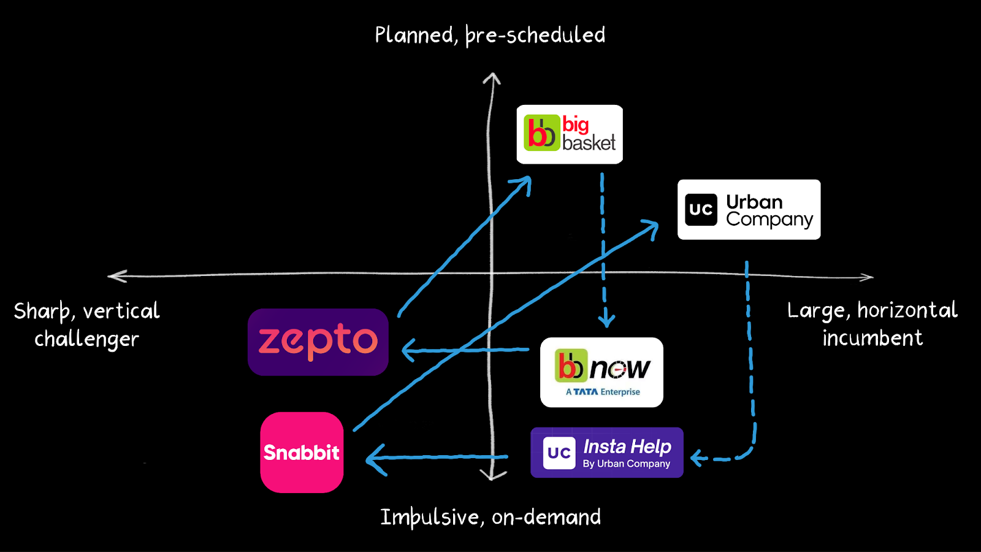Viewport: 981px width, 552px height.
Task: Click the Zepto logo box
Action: click(x=318, y=342)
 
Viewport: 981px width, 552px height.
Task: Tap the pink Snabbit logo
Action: click(x=302, y=452)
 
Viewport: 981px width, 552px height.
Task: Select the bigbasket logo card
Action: click(x=570, y=134)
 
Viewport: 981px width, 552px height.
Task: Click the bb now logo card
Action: click(x=601, y=372)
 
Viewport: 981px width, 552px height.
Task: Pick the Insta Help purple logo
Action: click(x=606, y=453)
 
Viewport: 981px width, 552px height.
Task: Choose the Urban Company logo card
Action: click(x=749, y=209)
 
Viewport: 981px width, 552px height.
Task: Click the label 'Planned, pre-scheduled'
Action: click(x=490, y=36)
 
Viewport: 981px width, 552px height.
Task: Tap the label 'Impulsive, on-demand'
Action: click(x=490, y=518)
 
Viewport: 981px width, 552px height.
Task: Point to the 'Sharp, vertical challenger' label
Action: click(x=86, y=324)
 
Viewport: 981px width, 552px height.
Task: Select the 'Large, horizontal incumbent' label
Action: click(x=872, y=324)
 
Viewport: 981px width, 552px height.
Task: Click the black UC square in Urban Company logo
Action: click(x=701, y=210)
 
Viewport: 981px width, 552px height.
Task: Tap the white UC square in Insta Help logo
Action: click(x=559, y=453)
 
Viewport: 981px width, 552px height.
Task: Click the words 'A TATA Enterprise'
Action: click(x=603, y=392)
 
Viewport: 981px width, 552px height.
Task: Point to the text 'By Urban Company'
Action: click(x=626, y=464)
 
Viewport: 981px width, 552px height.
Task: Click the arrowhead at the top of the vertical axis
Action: click(x=491, y=78)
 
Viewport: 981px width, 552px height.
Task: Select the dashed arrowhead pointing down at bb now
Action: click(x=606, y=320)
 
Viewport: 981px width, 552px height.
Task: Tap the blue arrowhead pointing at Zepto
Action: click(x=408, y=351)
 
